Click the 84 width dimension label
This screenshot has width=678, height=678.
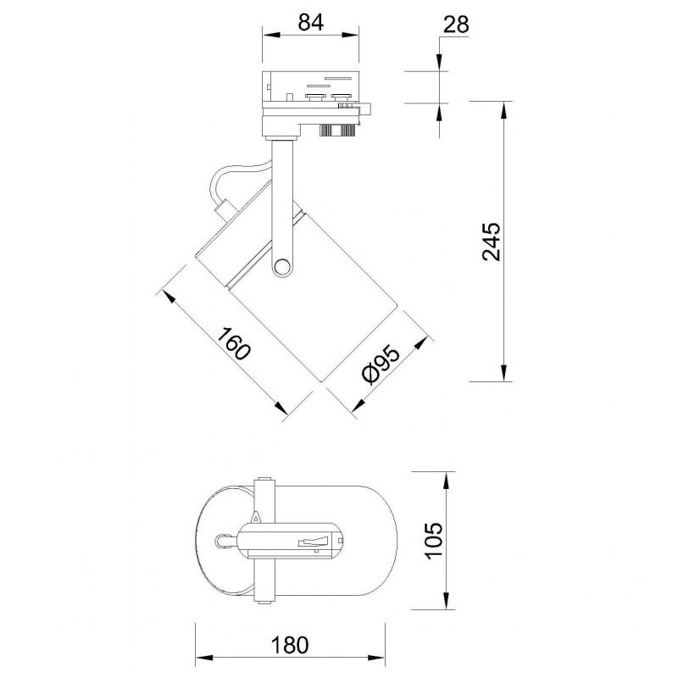[310, 23]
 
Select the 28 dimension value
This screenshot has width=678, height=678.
[456, 25]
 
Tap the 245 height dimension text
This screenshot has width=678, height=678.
[492, 242]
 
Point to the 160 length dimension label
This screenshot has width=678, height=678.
[234, 344]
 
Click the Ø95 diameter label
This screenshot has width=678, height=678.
[381, 364]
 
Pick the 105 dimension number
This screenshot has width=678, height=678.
[434, 541]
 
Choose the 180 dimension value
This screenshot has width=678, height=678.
[290, 645]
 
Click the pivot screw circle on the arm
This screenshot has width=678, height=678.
[282, 266]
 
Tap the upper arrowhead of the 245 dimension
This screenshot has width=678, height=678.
[503, 110]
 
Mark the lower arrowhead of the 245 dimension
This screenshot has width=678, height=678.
[503, 373]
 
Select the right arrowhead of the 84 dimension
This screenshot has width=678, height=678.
[350, 36]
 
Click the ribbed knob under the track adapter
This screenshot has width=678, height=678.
[337, 130]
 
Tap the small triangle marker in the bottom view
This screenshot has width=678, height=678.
[256, 517]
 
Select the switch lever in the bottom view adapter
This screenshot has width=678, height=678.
[314, 540]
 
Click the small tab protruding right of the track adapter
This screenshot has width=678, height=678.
[365, 108]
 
